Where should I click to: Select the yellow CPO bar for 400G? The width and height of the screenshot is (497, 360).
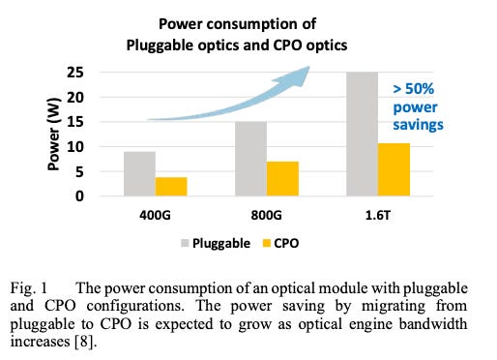(170, 187)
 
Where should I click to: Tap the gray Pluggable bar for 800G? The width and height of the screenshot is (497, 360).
(251, 159)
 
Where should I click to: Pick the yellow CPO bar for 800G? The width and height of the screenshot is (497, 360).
(283, 179)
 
